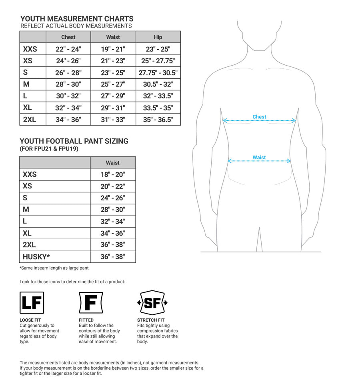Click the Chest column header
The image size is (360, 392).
68,37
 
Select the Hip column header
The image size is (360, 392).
158,37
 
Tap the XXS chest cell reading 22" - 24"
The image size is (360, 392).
68,49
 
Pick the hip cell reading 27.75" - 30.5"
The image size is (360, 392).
158,73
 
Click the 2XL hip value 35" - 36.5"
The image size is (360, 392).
158,120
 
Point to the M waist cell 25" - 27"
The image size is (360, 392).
113,84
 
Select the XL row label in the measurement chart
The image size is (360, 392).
28,108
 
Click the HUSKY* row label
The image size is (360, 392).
36,257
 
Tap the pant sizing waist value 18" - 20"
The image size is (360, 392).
113,174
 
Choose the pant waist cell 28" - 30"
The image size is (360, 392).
113,210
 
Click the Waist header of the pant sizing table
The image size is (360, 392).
113,163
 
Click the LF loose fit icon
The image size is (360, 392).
32,303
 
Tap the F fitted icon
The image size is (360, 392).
91,303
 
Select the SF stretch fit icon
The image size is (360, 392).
152,303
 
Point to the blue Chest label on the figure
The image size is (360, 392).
259,117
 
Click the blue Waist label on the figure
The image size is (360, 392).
259,157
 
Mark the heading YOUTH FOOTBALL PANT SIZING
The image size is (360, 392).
74,141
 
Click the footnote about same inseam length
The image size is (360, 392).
54,268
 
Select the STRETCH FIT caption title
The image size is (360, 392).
151,320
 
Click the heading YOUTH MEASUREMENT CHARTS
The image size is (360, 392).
77,19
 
